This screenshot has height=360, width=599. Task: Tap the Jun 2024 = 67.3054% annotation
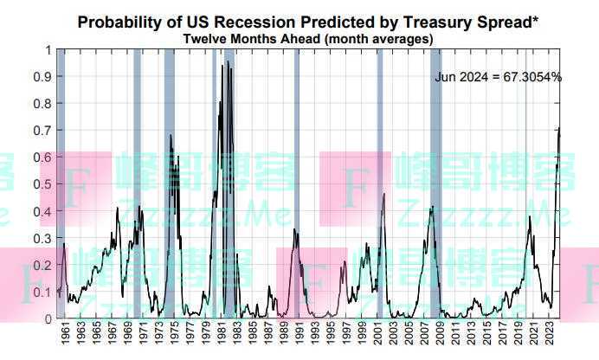pyautogui.click(x=499, y=77)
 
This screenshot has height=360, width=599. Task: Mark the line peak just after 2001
pyautogui.click(x=383, y=195)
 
